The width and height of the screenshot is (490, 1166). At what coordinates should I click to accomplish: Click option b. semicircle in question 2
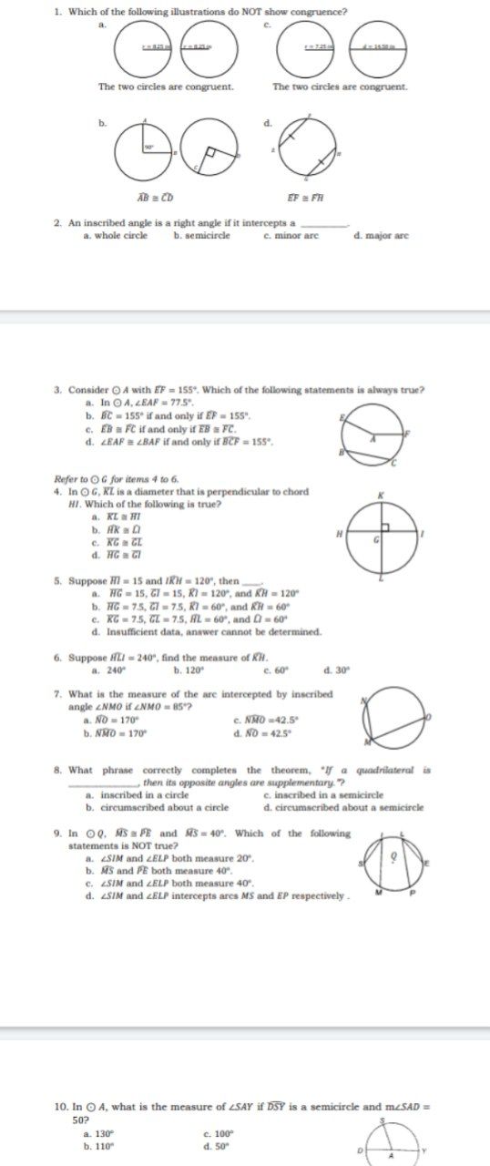click(x=202, y=236)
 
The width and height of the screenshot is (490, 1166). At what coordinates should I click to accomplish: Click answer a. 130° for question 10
click(x=98, y=1133)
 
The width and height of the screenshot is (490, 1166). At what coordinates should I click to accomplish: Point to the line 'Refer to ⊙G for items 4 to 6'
click(x=117, y=478)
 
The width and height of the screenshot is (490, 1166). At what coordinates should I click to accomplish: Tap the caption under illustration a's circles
click(x=166, y=87)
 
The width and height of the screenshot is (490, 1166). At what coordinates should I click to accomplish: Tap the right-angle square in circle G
click(x=385, y=528)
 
